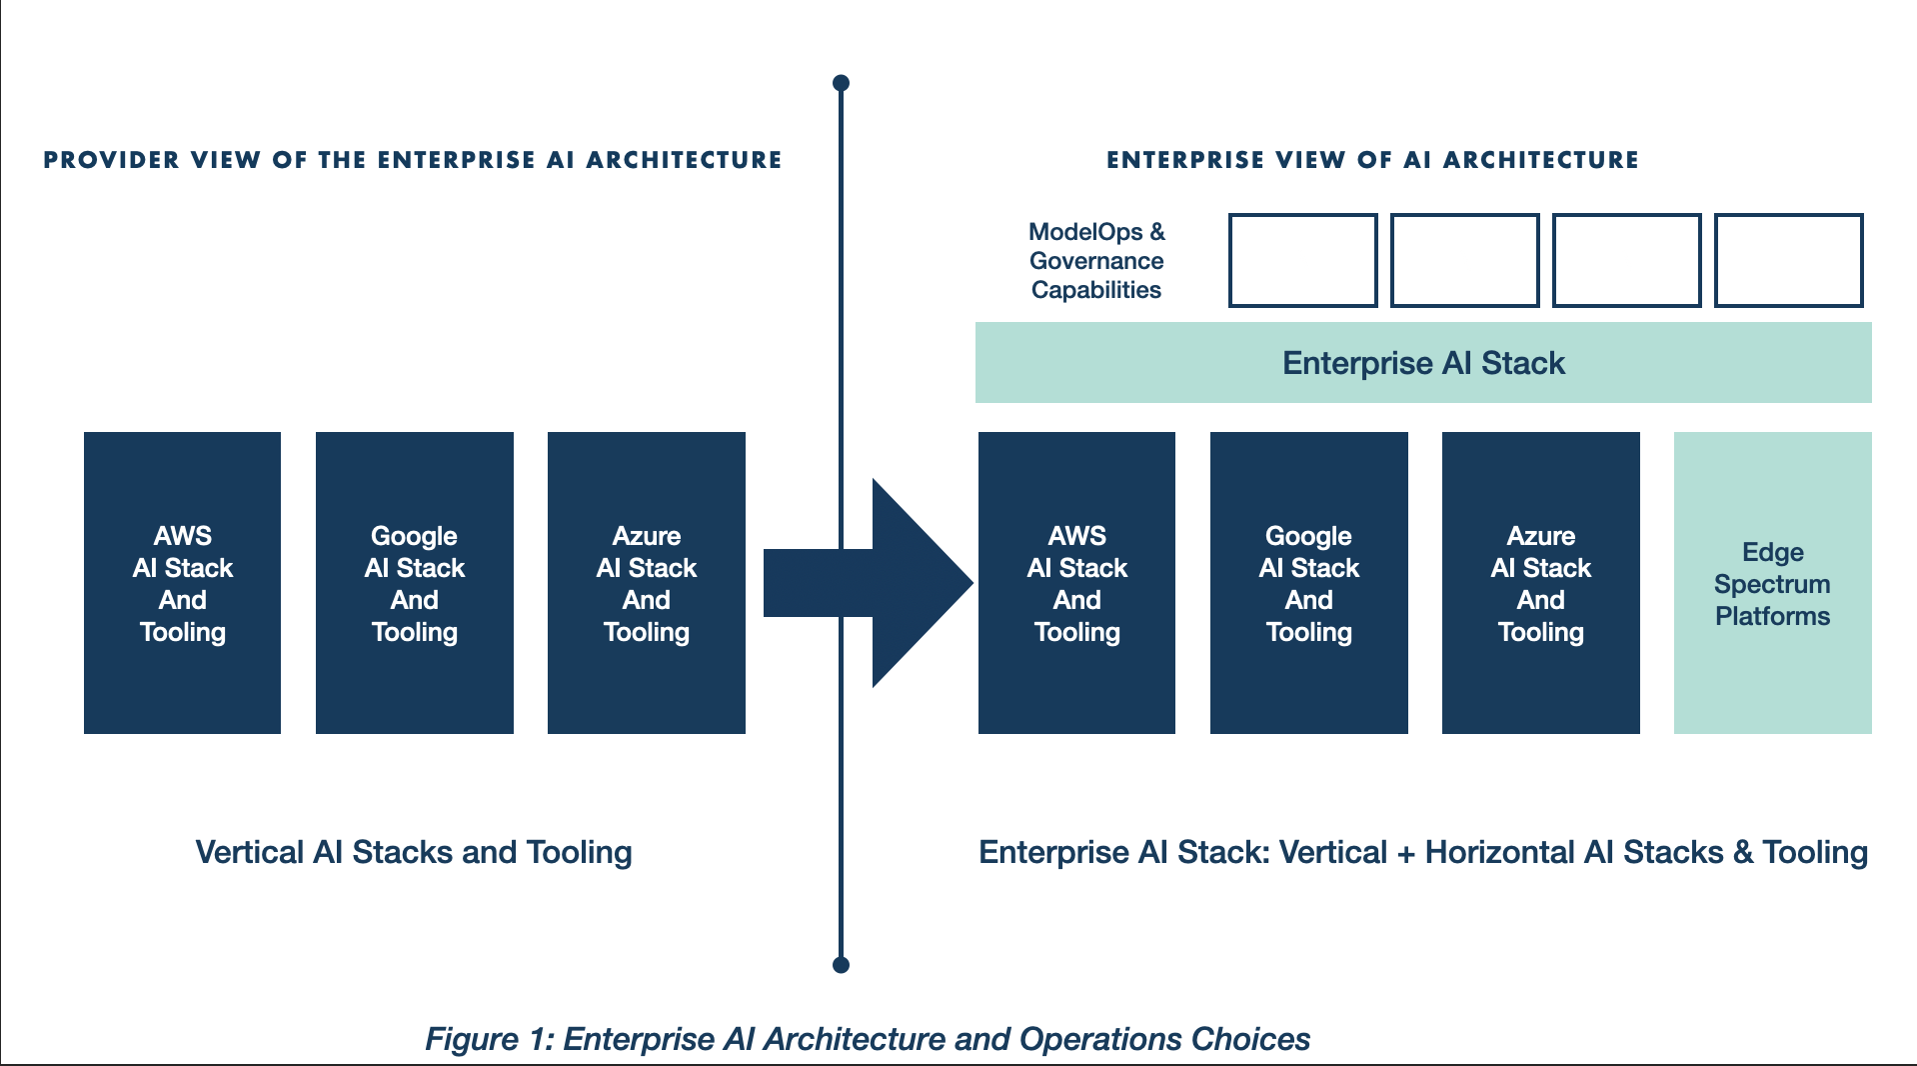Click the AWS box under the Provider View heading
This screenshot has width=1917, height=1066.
point(182,583)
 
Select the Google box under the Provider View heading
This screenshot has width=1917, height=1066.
point(415,583)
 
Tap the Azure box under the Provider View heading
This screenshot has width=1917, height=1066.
point(647,583)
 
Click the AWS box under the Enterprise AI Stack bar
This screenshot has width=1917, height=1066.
point(1076,583)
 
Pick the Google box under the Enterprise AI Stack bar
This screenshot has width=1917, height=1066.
point(1309,583)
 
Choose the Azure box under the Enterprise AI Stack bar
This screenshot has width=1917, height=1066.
point(1541,583)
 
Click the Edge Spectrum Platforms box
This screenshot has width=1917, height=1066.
point(1773,583)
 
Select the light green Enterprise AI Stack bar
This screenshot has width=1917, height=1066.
point(1423,362)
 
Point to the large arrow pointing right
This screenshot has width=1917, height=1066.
point(868,583)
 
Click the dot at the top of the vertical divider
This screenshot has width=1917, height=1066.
point(842,83)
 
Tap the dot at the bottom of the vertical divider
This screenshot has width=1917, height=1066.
point(842,965)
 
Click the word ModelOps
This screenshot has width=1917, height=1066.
point(1085,232)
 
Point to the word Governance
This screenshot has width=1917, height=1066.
point(1096,261)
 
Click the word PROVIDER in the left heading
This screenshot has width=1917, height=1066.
point(112,160)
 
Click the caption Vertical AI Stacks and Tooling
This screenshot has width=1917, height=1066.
point(414,852)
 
